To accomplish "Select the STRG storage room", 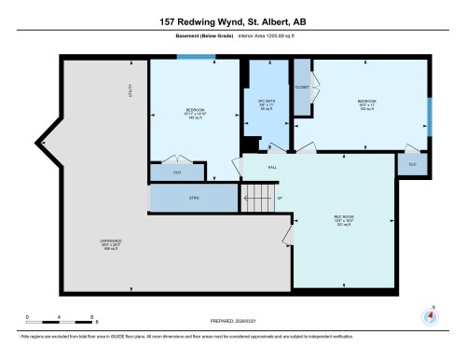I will (x=195, y=198).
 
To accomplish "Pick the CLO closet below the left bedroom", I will (x=176, y=172).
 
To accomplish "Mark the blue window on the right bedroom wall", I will (x=430, y=116).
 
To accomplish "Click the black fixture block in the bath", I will (x=252, y=143).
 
